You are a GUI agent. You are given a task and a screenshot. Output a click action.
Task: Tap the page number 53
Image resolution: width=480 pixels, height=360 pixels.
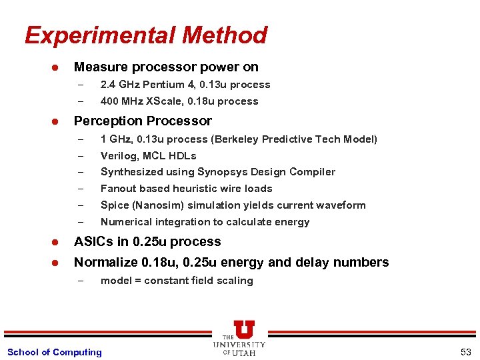tap(465, 352)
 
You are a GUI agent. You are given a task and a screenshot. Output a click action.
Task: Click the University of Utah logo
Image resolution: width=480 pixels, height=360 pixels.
tap(240, 338)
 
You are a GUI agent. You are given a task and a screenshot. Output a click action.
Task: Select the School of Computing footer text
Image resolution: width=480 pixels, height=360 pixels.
tap(54, 352)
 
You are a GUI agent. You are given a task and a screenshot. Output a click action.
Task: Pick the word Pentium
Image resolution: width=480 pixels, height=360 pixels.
tap(163, 85)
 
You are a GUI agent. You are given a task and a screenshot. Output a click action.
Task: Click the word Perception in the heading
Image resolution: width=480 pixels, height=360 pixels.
tap(105, 121)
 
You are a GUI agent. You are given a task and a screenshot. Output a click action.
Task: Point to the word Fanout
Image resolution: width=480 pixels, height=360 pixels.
tap(118, 189)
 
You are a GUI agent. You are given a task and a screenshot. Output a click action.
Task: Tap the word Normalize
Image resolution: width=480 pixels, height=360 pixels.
tap(105, 262)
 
